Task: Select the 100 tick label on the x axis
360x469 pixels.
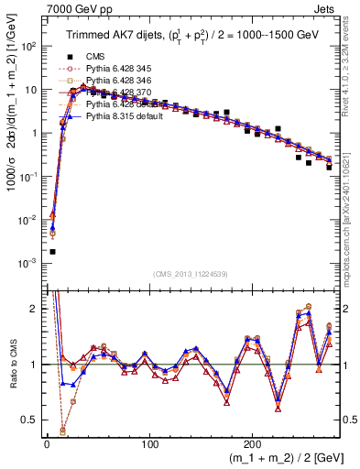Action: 150,444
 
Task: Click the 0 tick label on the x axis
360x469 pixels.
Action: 47,444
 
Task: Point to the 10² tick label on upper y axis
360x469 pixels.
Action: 27,46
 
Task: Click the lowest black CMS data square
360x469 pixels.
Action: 52,251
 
